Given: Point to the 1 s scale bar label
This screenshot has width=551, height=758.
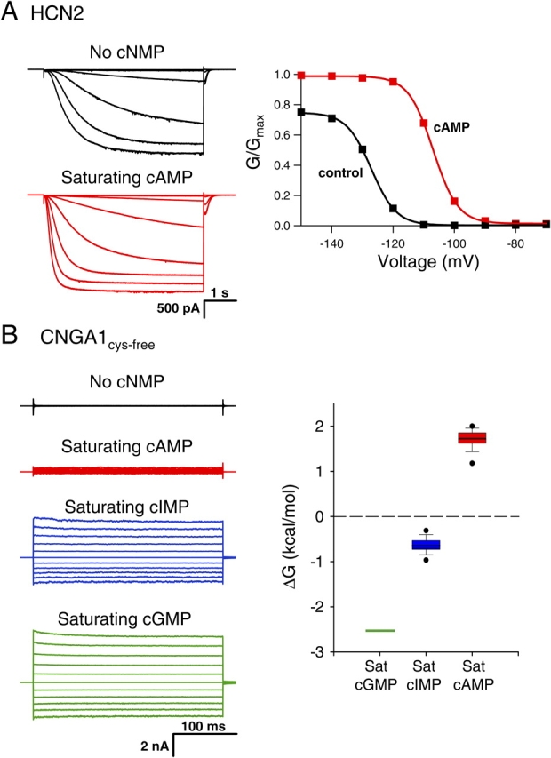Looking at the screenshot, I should pyautogui.click(x=220, y=291).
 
